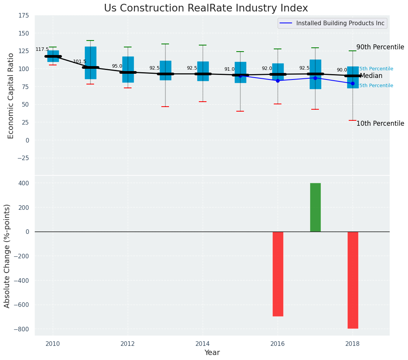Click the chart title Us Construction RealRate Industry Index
(206, 8)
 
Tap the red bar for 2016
(278, 274)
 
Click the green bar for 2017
(315, 207)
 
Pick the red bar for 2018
(353, 280)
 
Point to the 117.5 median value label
(42, 49)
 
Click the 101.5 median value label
(80, 62)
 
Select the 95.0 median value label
(117, 66)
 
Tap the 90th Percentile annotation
(380, 47)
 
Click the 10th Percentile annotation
(380, 123)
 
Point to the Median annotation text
(371, 76)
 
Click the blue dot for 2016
(278, 81)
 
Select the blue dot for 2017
(315, 78)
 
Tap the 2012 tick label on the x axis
(128, 344)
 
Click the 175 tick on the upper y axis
(23, 15)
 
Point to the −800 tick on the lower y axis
(21, 329)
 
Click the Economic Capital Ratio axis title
(11, 96)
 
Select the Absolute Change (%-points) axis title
(7, 256)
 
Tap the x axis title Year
(212, 353)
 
